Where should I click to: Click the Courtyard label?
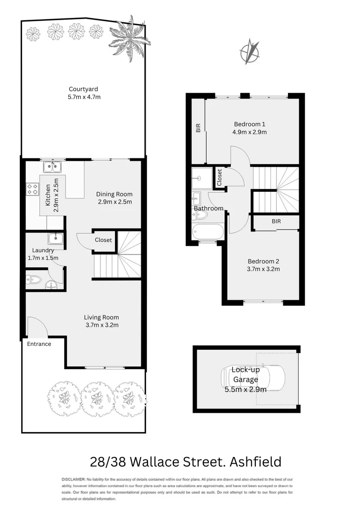pos(83,89)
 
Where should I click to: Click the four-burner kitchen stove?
pos(33,189)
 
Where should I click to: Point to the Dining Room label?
pos(114,194)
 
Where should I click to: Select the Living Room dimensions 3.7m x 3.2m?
pos(101,325)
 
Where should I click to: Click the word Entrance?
pos(39,344)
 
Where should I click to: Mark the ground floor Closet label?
pos(103,240)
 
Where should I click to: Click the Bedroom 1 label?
pos(249,124)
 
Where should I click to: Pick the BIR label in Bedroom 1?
pos(198,127)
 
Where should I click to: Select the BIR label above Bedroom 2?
pos(276,221)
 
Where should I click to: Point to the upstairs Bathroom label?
pos(208,208)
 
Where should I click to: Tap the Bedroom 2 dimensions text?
pos(263,269)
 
